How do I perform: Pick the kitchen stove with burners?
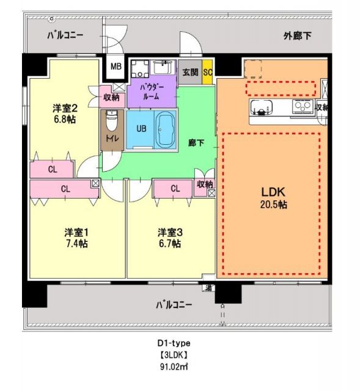302,108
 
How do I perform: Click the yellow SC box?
208,71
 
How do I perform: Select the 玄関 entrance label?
191,71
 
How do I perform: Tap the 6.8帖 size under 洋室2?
64,120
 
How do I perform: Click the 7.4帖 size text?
77,244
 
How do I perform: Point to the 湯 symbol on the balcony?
208,288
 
